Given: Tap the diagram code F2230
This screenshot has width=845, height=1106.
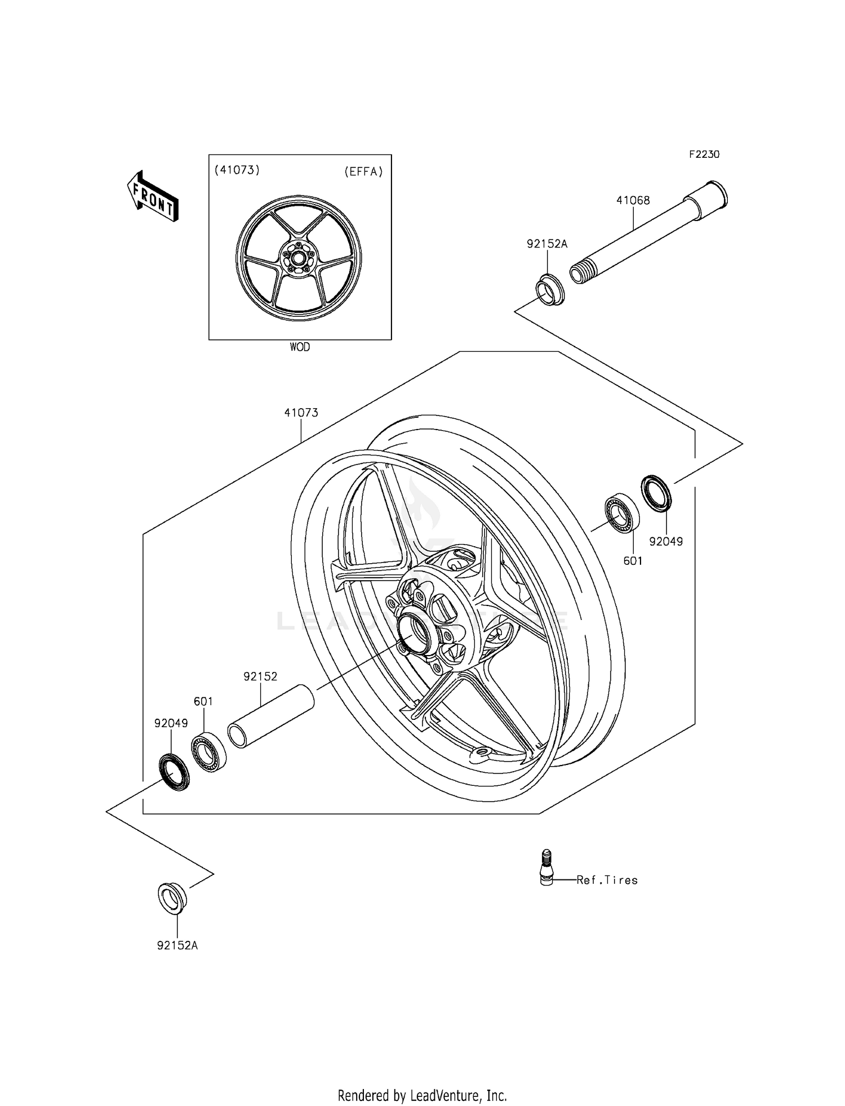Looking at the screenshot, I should pos(704,154).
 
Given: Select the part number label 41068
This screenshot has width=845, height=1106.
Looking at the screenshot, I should pos(633,200).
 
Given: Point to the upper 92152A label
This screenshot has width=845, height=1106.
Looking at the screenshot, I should pos(546,244).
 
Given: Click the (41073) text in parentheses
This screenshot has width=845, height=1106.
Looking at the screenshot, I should pos(237,170).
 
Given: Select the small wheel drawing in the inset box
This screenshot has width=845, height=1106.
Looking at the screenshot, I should pos(299,259).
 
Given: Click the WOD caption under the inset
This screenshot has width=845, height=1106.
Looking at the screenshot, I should pos(300,347).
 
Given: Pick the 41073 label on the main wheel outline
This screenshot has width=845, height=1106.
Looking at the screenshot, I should pos(301,413).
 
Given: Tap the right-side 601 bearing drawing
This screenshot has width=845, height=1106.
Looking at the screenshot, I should pos(622,511).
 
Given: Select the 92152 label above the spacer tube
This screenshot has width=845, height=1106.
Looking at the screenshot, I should pos(260,676).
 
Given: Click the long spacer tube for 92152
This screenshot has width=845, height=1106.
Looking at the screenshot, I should pos(270,716).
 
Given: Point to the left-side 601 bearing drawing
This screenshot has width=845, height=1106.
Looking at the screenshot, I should pos(209,752).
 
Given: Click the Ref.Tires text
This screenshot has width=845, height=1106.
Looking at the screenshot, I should pos(607,880).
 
